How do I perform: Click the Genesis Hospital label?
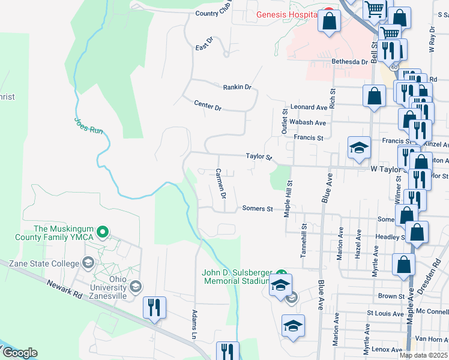(x=286, y=14)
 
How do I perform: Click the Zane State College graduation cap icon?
(x=88, y=263)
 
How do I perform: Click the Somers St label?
(x=258, y=209)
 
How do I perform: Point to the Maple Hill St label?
(x=289, y=199)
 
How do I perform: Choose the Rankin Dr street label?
(x=237, y=87)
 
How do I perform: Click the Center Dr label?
(x=208, y=106)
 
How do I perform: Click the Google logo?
(x=19, y=353)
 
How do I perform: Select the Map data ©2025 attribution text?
(x=423, y=355)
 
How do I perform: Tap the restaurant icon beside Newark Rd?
(x=154, y=308)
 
